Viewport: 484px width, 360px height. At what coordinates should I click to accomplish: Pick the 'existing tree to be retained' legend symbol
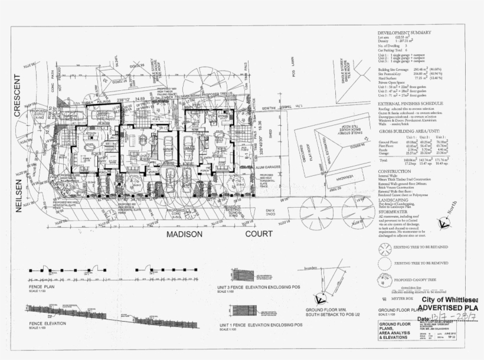coord(384,247)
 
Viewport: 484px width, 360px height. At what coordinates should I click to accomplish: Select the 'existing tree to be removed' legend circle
coord(384,262)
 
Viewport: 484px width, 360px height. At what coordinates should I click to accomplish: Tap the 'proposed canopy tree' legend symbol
coord(384,279)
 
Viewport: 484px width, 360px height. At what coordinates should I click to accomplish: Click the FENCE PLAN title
coord(41,286)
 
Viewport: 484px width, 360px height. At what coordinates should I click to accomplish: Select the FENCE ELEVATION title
coord(45,324)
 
